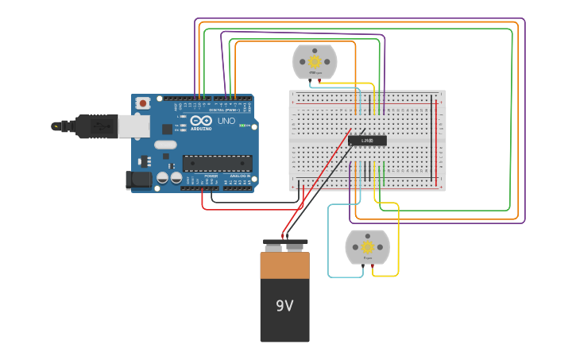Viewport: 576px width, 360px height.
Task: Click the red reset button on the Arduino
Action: pyautogui.click(x=143, y=103)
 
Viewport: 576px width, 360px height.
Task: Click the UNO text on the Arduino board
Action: pyautogui.click(x=226, y=122)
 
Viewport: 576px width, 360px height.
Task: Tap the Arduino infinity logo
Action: pyautogui.click(x=200, y=120)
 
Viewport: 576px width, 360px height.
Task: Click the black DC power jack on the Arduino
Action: pyautogui.click(x=139, y=180)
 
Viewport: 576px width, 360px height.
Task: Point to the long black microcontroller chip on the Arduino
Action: pyautogui.click(x=217, y=163)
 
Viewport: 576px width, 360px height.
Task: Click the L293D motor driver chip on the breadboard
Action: pyautogui.click(x=367, y=141)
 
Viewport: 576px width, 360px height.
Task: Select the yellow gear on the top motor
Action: pyautogui.click(x=315, y=61)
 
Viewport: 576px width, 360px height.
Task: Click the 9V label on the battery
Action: pyautogui.click(x=284, y=306)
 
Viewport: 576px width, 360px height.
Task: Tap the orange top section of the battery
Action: pyautogui.click(x=284, y=265)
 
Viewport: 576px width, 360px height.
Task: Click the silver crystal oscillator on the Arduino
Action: pyautogui.click(x=165, y=145)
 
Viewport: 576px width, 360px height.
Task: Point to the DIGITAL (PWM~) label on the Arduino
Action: pyautogui.click(x=222, y=110)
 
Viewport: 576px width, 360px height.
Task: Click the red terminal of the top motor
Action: pyautogui.click(x=320, y=80)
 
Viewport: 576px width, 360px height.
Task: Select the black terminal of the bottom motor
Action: pyautogui.click(x=361, y=265)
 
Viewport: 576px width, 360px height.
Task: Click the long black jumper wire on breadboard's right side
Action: pyautogui.click(x=433, y=139)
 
